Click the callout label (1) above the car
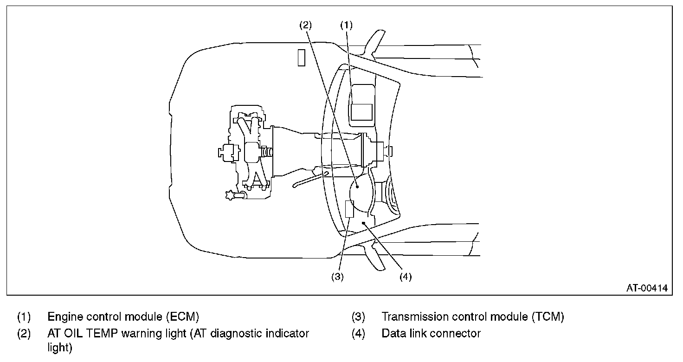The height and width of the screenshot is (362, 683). tap(347, 25)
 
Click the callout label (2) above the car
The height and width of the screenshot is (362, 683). tap(305, 25)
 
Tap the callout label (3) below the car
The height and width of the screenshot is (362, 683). tap(337, 277)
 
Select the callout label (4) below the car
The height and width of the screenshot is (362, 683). tap(406, 277)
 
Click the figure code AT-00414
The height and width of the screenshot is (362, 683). tap(647, 288)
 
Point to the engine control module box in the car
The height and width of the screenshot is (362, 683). tap(361, 112)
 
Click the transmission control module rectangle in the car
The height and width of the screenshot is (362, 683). tap(349, 209)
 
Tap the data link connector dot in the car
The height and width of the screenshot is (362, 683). tap(363, 223)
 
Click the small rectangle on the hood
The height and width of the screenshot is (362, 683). tap(302, 58)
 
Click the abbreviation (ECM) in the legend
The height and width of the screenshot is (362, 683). tap(183, 317)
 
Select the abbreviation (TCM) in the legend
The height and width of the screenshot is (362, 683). tap(548, 317)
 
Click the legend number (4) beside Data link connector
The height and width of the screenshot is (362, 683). tap(358, 334)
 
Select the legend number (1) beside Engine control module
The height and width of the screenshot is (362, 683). tap(24, 317)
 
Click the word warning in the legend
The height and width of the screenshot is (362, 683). tap(141, 334)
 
